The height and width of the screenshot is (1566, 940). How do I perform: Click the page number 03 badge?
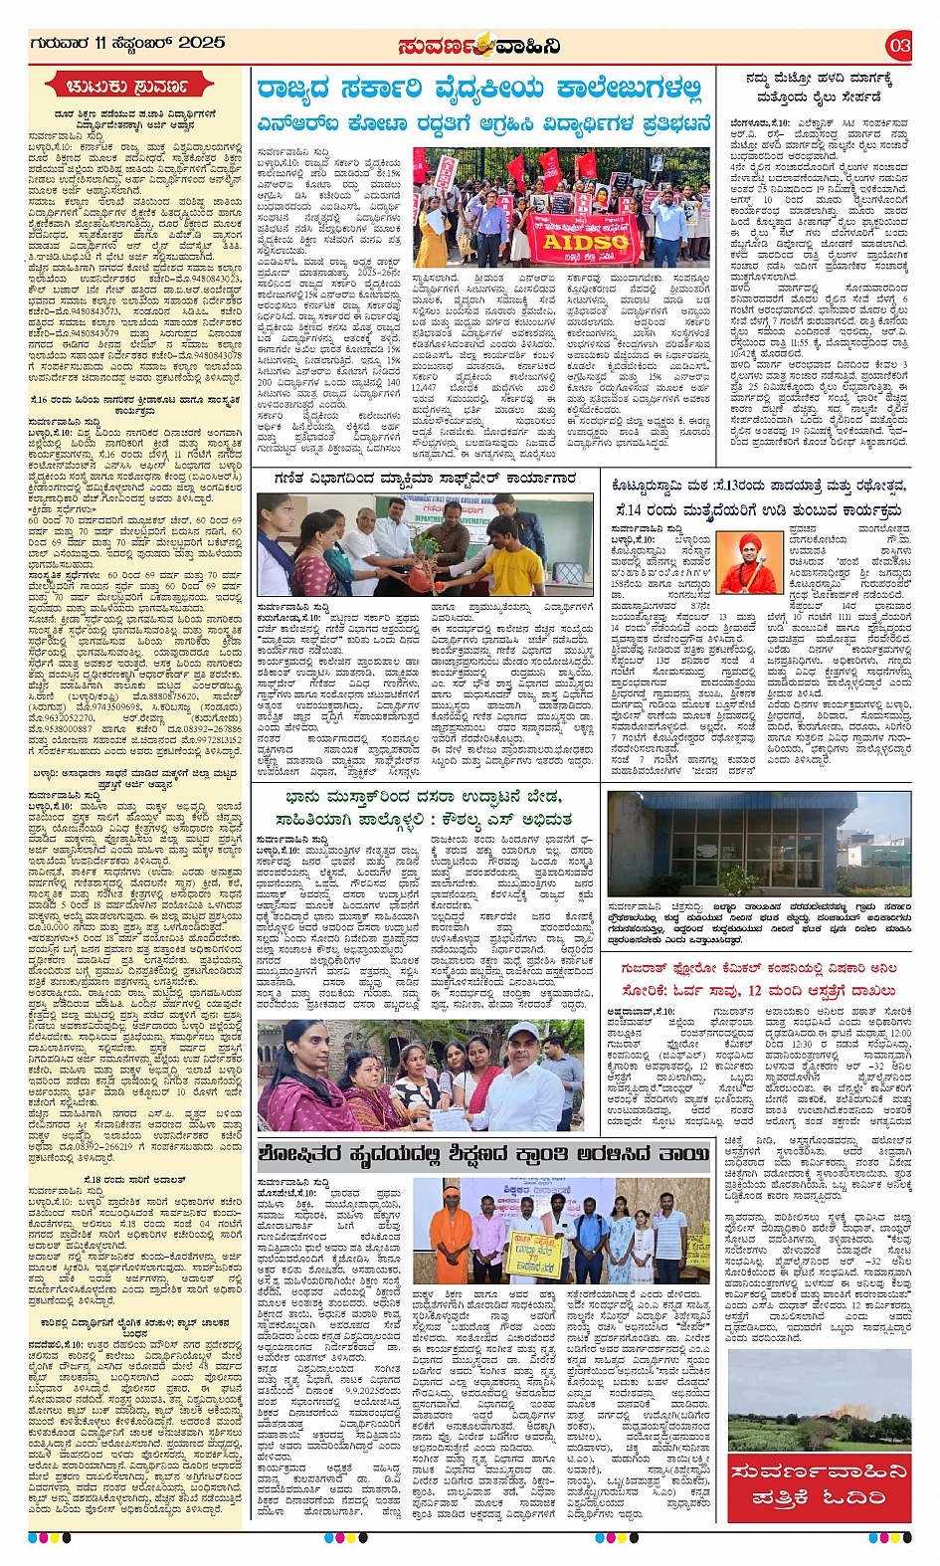click(x=898, y=45)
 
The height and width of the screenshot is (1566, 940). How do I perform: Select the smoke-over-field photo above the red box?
click(x=819, y=1397)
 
